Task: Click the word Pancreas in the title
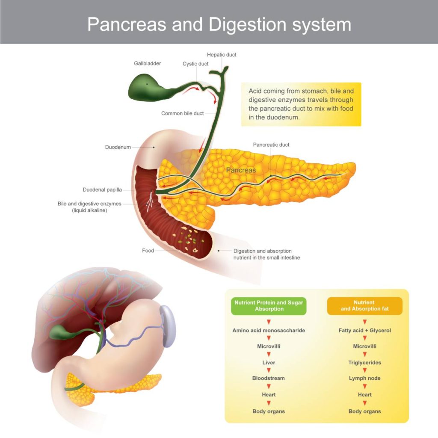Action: click(x=127, y=24)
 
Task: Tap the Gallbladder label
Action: click(x=147, y=63)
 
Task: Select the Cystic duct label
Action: click(x=195, y=64)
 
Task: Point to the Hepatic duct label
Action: click(x=222, y=55)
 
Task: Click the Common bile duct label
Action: click(x=182, y=113)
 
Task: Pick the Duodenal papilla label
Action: click(x=102, y=189)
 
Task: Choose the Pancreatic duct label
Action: click(x=271, y=145)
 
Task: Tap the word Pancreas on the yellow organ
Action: click(x=241, y=170)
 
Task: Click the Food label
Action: click(x=148, y=251)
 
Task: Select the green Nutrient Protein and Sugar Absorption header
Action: click(x=269, y=306)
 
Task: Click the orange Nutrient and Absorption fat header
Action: click(x=364, y=306)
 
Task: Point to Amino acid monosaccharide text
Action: click(x=269, y=331)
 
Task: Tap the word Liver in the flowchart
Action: click(x=269, y=363)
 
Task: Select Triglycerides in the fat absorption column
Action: click(x=364, y=363)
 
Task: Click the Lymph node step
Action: click(x=364, y=378)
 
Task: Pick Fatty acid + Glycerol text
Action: click(x=364, y=331)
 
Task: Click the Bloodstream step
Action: click(x=269, y=378)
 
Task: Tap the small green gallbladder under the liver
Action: click(x=60, y=332)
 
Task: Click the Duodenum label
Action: click(x=118, y=147)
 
